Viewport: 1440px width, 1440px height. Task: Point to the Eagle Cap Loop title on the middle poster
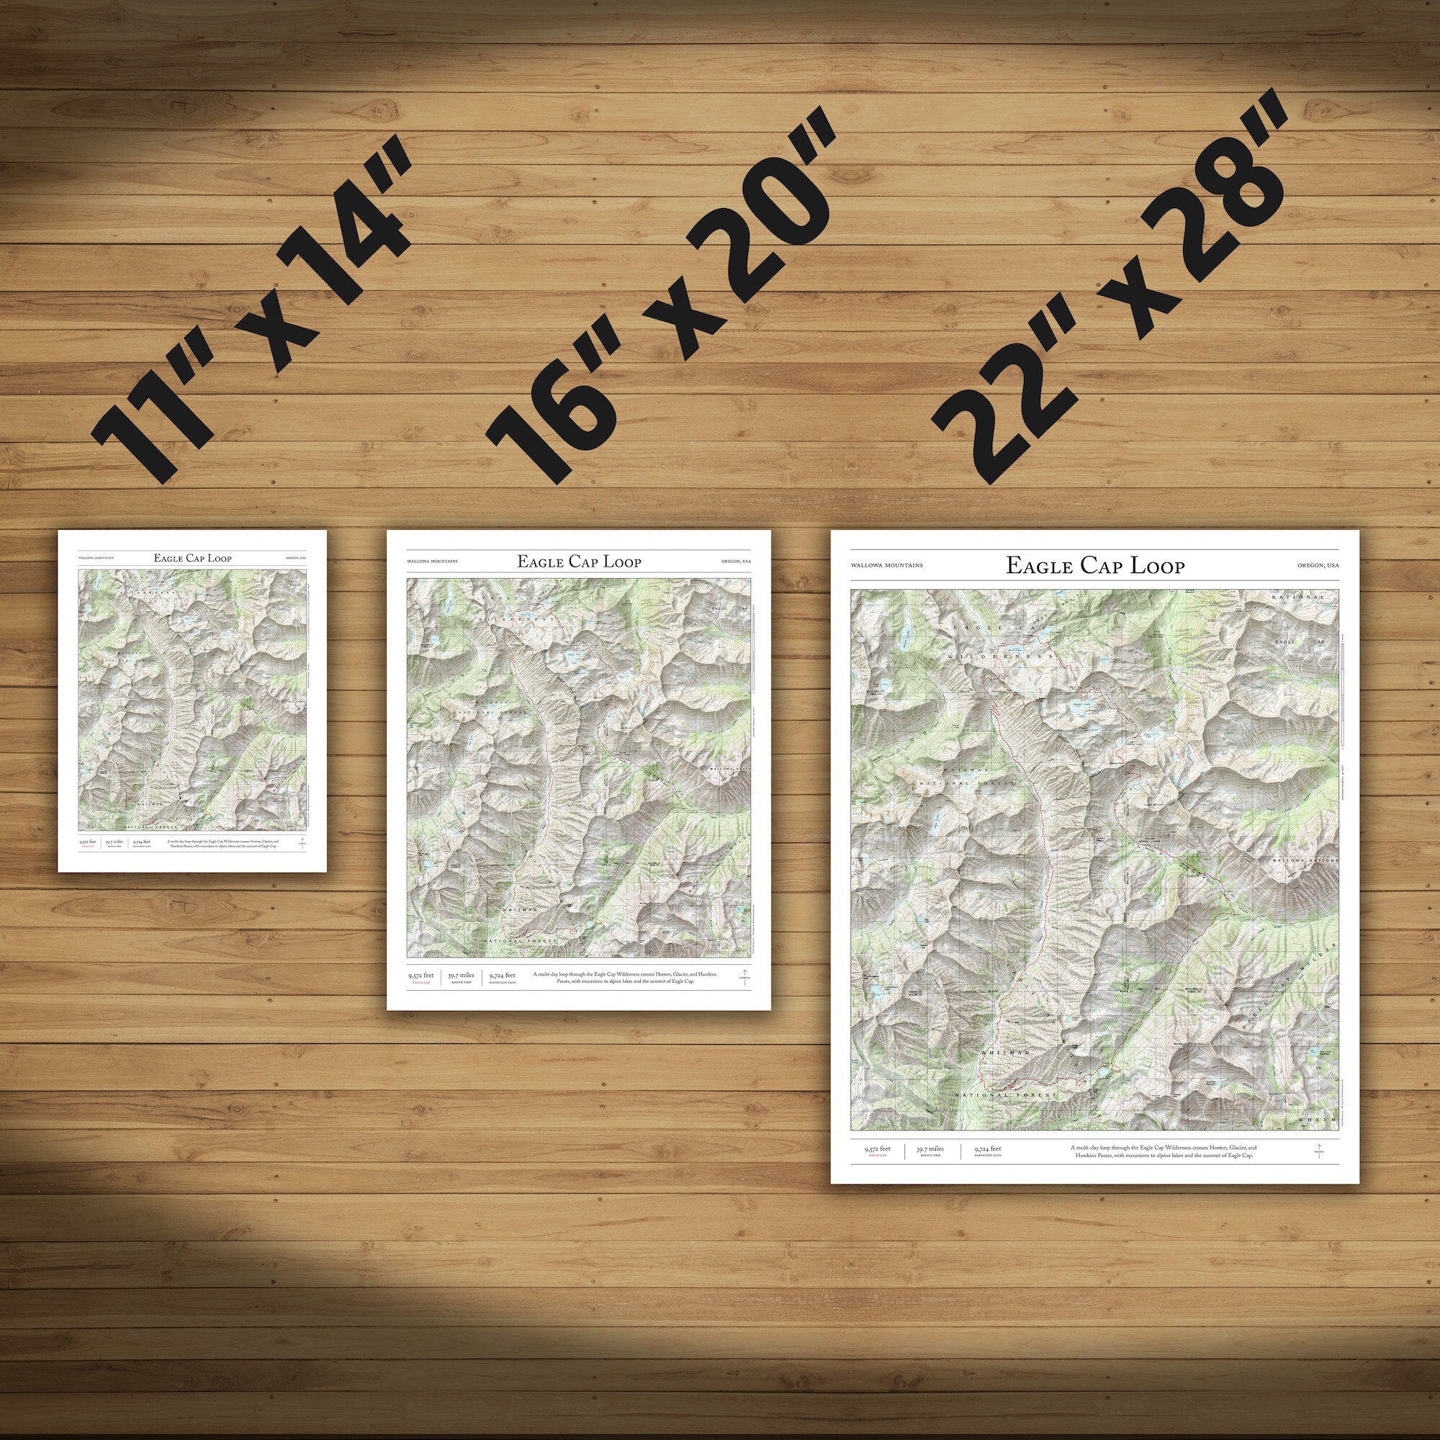[578, 562]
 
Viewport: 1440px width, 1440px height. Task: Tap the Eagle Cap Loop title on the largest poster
[1095, 566]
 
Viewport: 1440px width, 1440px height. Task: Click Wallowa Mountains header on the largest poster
[886, 566]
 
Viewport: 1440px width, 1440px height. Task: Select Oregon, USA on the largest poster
[1318, 566]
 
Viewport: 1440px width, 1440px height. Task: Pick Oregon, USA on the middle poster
[737, 562]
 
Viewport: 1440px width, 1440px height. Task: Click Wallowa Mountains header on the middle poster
[432, 562]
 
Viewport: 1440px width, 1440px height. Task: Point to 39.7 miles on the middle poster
[462, 974]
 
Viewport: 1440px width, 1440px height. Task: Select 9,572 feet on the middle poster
[420, 974]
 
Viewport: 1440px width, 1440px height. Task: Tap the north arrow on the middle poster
[742, 976]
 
